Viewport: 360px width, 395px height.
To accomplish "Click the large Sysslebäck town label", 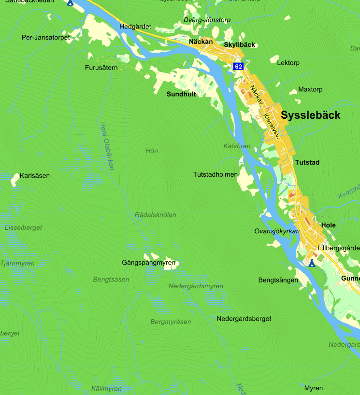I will click(310, 115).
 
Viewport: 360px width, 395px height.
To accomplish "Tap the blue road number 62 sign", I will click(238, 66).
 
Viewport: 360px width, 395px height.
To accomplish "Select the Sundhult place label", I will click(181, 94).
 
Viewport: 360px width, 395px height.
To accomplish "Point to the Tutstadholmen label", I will click(216, 174).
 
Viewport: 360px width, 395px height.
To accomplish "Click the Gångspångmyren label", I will click(149, 263).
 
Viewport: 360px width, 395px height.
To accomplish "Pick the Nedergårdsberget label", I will click(244, 319).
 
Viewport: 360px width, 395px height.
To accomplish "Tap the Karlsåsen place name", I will click(35, 176).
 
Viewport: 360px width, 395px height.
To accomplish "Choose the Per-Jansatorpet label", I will click(46, 37).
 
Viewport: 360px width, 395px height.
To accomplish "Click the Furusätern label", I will click(101, 68).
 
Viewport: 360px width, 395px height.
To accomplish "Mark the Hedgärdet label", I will click(135, 27).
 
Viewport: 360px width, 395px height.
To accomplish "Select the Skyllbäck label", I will click(239, 45).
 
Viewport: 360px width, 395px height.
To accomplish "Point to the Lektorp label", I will click(288, 63).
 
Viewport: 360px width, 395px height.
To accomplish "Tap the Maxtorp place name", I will click(310, 89).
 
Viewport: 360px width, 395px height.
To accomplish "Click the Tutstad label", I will click(307, 163).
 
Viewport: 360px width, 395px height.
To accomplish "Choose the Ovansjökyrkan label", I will click(277, 231).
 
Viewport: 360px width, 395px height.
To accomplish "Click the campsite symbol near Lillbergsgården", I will click(312, 263).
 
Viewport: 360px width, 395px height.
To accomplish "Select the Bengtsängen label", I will click(278, 280).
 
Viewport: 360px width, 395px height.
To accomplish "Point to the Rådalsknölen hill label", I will click(156, 215).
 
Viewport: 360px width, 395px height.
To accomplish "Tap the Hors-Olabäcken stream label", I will click(107, 145).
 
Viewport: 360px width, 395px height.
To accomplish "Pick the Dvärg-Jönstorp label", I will click(207, 20).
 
